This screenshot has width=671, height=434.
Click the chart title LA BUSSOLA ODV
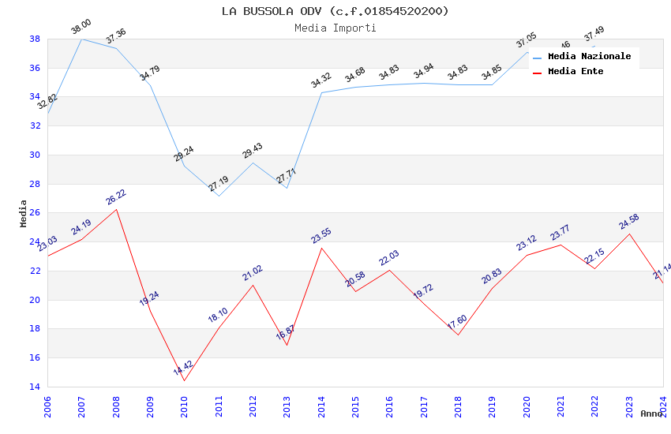(x=335, y=11)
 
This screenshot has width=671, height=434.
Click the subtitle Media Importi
(x=335, y=28)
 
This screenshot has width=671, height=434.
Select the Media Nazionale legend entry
(x=589, y=57)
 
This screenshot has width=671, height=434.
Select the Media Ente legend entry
(x=575, y=72)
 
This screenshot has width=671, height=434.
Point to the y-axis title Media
(x=24, y=213)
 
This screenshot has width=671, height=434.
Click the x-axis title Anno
(x=650, y=413)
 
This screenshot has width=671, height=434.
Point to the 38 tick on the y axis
(x=36, y=39)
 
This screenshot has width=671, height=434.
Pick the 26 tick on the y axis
(x=36, y=213)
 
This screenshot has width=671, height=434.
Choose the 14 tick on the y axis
(x=36, y=387)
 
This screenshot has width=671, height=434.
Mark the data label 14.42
(x=182, y=368)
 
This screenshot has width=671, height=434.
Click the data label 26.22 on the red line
(x=115, y=196)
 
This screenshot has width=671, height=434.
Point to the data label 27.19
(x=218, y=184)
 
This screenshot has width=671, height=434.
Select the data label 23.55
(x=321, y=235)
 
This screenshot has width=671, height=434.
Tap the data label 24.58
(x=628, y=221)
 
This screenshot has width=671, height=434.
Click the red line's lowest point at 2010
(x=185, y=381)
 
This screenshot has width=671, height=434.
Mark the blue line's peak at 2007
(x=81, y=39)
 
